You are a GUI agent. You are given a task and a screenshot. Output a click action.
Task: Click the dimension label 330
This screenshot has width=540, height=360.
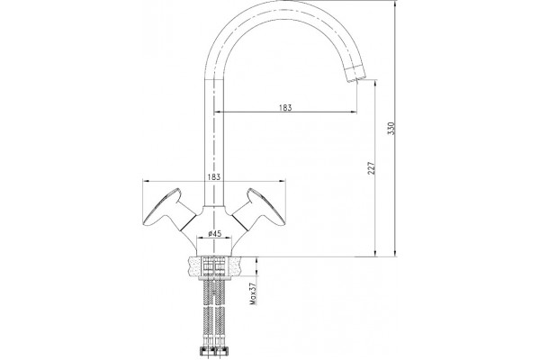coord(391,128)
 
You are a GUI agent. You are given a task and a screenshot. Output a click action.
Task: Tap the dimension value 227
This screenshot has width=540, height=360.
coord(371,167)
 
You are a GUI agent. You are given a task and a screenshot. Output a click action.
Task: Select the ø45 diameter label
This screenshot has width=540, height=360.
coord(214,234)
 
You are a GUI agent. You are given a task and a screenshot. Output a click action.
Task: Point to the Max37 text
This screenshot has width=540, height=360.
coord(253,294)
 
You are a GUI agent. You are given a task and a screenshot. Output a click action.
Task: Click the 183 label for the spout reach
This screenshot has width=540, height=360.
coord(285,107)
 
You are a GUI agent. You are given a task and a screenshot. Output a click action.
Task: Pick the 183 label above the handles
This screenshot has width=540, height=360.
coord(214,176)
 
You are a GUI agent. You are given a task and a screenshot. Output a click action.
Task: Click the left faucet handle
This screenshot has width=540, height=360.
coord(169,210)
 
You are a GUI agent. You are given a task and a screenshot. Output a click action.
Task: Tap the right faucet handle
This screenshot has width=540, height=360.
coord(259,210)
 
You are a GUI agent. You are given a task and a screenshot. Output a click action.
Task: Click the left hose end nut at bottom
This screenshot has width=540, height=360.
coord(206,350)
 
